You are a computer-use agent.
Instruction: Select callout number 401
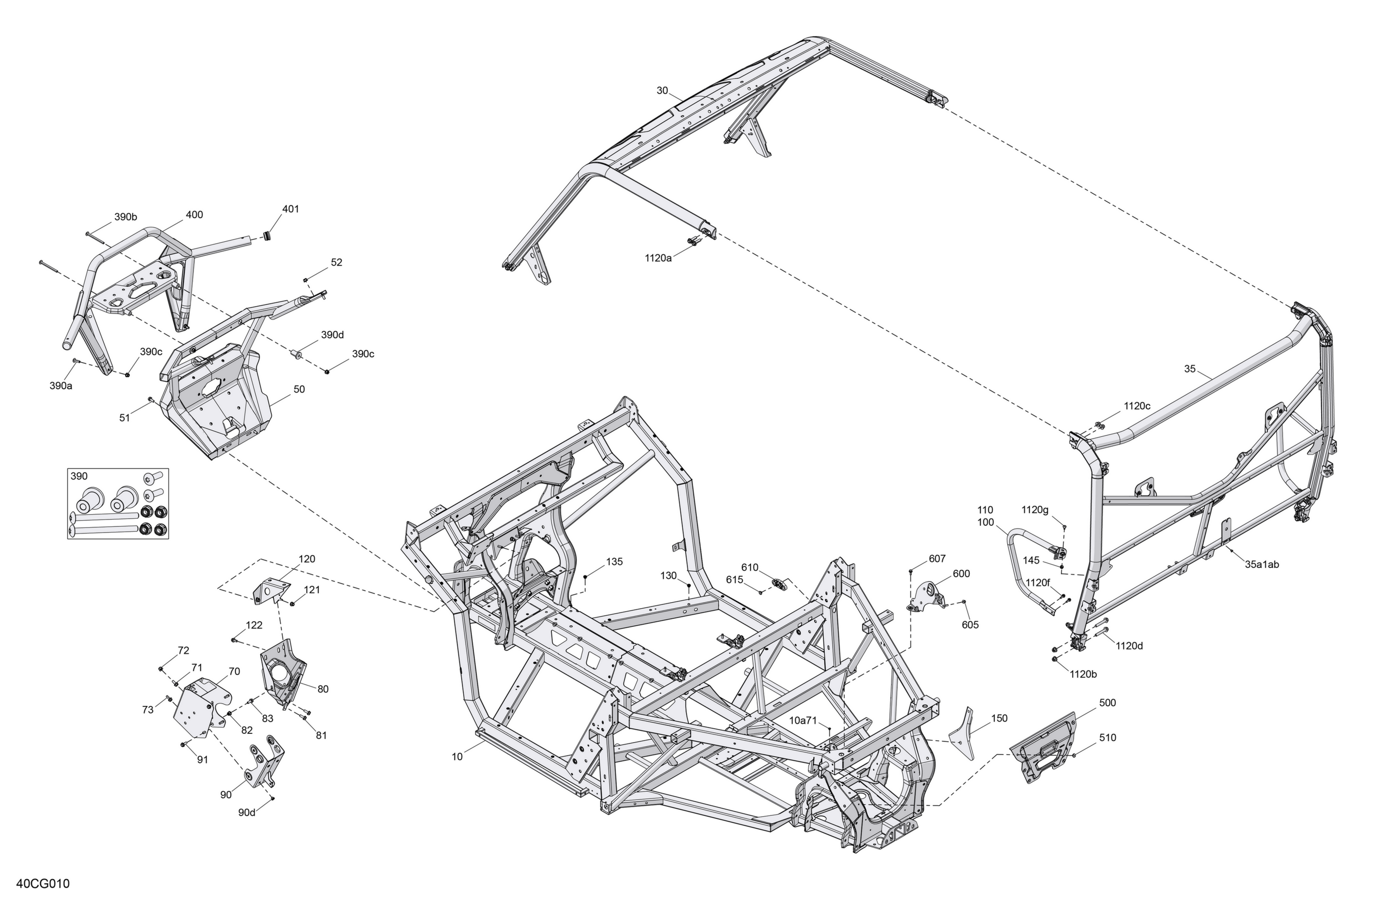click(x=290, y=209)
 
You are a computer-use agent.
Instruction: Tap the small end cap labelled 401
click(x=268, y=236)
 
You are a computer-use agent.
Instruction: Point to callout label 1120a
click(x=658, y=258)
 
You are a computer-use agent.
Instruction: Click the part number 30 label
click(x=662, y=90)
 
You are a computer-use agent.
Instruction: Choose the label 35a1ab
click(x=1262, y=565)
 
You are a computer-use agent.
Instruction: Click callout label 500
click(x=1107, y=703)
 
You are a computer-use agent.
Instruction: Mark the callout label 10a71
click(x=803, y=720)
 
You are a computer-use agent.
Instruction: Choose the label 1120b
click(x=1083, y=674)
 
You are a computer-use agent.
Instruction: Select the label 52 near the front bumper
click(x=336, y=263)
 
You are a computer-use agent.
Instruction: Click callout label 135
click(x=614, y=562)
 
